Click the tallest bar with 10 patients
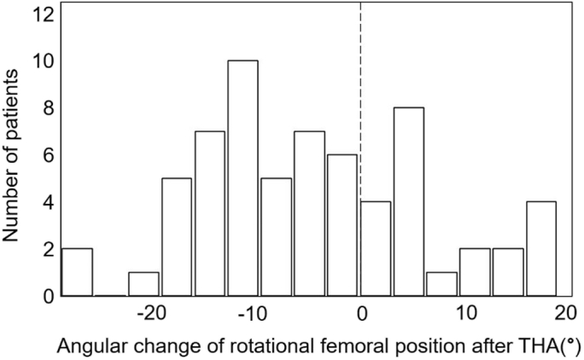tap(242, 178)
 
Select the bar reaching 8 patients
tap(408, 202)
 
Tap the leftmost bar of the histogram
tap(77, 272)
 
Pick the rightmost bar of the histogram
tap(541, 249)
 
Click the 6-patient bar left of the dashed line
tap(342, 225)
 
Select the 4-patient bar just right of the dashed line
tap(376, 249)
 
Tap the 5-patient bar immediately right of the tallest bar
tap(276, 237)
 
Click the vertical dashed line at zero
tap(360, 85)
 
